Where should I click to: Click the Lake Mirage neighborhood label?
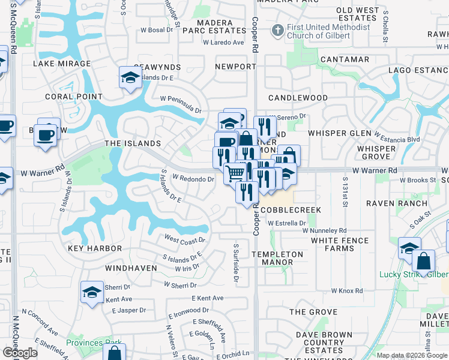pos(62,63)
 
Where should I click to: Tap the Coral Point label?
pos(74,96)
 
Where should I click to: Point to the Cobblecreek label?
pos(291,210)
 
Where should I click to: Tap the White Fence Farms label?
pos(340,244)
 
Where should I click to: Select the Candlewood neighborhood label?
pos(298,98)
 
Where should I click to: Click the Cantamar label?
pos(345,59)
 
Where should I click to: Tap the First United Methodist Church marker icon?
pos(277,29)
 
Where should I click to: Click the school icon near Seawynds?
pos(130,77)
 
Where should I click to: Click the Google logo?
pos(20,353)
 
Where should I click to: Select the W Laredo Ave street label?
pos(223,43)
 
